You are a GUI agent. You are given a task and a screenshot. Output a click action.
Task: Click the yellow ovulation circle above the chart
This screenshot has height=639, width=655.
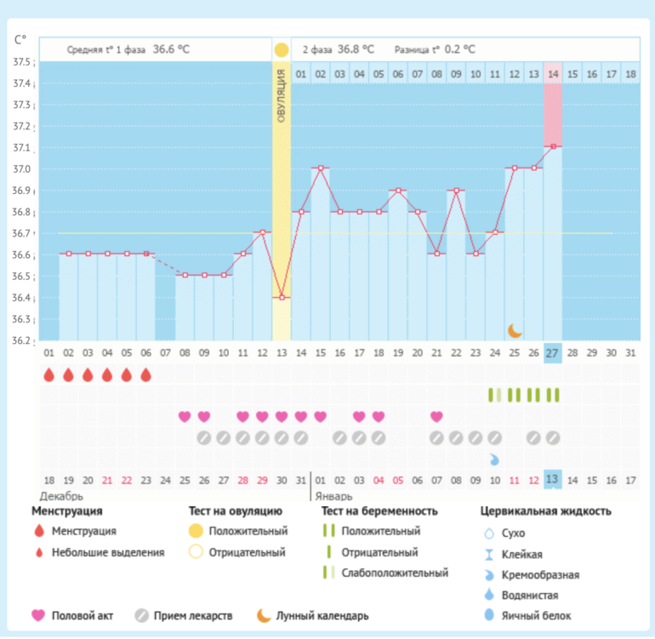(x=281, y=49)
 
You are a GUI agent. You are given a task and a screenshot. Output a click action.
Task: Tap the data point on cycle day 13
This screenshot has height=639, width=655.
(x=281, y=298)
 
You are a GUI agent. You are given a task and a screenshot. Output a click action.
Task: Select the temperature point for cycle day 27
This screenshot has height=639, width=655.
(x=553, y=146)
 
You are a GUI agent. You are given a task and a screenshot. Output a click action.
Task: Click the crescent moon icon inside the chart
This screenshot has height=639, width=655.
(x=515, y=329)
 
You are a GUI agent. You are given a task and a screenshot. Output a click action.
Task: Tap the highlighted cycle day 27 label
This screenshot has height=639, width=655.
(x=553, y=353)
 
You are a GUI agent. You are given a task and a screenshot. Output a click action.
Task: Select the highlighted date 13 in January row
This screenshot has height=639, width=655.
(x=553, y=480)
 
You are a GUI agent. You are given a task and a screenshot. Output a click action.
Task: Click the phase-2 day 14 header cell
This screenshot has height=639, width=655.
(x=553, y=75)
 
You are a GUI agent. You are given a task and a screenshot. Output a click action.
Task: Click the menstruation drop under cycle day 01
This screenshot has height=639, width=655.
(x=48, y=374)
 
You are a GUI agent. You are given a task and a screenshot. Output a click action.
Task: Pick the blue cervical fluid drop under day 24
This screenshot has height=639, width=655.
(x=494, y=459)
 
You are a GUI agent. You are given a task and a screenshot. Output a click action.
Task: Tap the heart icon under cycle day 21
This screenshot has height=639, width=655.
(x=436, y=416)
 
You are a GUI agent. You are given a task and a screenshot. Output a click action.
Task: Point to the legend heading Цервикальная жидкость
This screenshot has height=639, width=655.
(x=545, y=511)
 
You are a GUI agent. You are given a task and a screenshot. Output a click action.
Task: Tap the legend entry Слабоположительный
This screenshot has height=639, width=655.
(x=395, y=573)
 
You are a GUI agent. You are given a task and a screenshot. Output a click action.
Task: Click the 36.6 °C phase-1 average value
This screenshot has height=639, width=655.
(x=171, y=49)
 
